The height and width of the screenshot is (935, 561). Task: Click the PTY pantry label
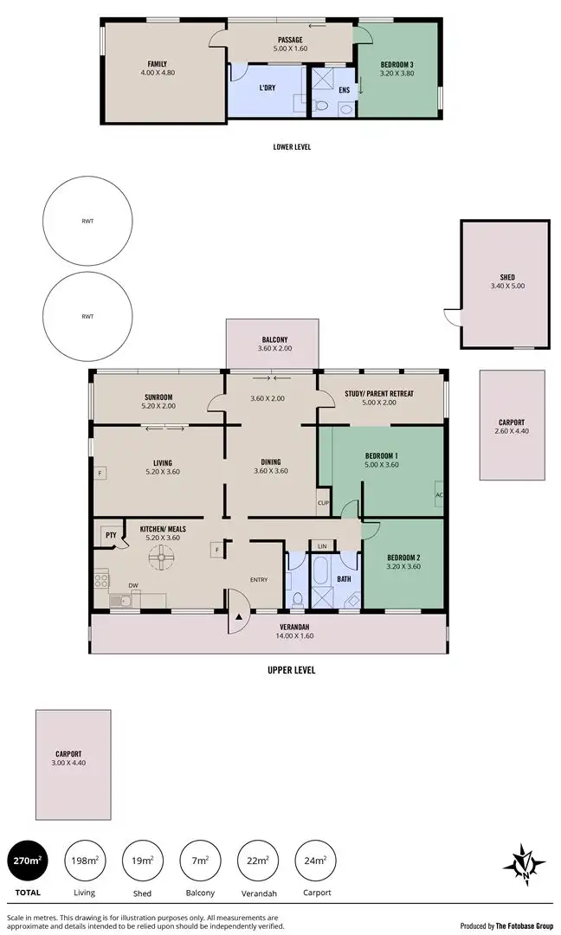click(111, 535)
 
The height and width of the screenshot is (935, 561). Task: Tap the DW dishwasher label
click(133, 586)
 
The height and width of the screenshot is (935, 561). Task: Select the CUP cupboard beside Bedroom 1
click(324, 503)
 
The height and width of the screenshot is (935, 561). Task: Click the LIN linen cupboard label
click(322, 546)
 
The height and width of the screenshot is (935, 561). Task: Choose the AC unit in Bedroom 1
click(439, 495)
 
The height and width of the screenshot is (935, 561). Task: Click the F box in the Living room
click(100, 474)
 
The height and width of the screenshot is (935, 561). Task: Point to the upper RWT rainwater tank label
click(87, 222)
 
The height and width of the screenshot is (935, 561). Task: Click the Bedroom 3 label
click(397, 65)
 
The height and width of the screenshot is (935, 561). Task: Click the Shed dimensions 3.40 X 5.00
click(506, 286)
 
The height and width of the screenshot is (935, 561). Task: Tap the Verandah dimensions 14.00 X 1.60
click(295, 636)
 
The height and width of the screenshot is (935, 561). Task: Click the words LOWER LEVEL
click(292, 147)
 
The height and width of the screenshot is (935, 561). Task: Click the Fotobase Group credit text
click(506, 925)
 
